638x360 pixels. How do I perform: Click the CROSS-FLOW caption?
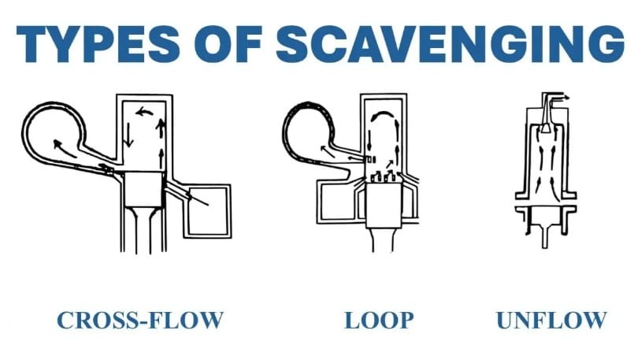140,321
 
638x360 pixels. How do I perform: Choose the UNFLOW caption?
551,321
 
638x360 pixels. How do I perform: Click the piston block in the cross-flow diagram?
142,187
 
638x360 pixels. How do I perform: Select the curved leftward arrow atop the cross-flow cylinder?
144,113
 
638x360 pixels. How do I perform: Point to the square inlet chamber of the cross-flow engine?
207,210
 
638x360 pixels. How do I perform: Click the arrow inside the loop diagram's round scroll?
325,147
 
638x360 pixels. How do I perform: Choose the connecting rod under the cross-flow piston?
142,232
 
